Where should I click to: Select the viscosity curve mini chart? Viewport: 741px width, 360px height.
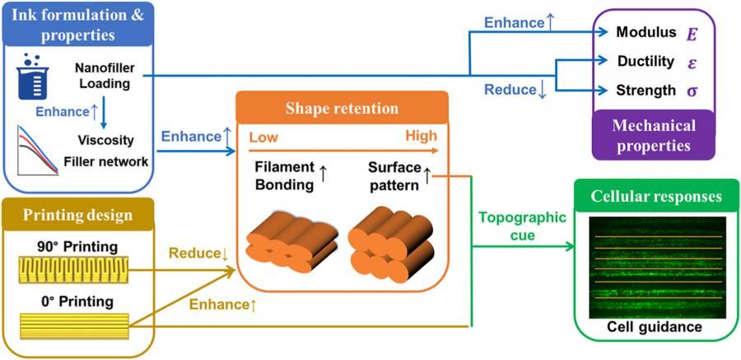37,150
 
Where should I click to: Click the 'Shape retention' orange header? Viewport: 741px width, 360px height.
342,109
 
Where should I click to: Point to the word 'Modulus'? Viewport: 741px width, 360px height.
646,32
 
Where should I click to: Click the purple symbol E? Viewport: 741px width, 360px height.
692,34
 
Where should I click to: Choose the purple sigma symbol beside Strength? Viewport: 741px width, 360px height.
692,91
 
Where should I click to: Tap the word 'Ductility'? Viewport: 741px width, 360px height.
645,62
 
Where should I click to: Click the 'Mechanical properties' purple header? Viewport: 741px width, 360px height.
654,135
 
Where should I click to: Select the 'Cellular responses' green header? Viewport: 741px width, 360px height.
656,196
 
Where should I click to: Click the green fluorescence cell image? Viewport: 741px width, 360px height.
657,267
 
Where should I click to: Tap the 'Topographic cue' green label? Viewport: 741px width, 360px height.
522,226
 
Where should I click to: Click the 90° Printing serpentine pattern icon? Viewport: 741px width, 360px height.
74,269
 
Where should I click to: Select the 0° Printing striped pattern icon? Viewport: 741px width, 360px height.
74,326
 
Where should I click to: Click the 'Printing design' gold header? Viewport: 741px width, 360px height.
78,215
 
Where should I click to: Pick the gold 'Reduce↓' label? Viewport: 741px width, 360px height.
198,254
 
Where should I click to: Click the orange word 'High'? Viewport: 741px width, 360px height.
421,137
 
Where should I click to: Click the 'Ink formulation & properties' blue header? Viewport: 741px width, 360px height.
78,24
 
